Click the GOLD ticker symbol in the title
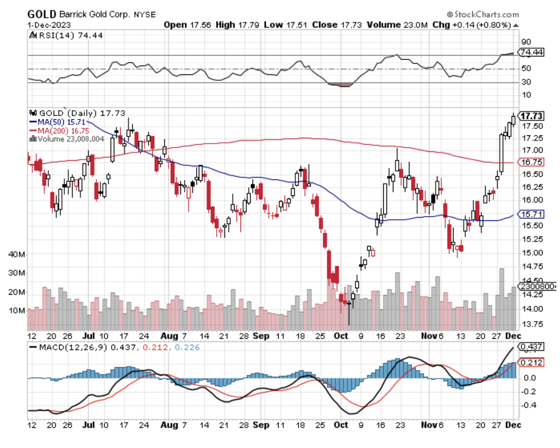pyautogui.click(x=42, y=14)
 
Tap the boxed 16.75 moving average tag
pyautogui.click(x=530, y=162)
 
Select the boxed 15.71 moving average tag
pyautogui.click(x=530, y=214)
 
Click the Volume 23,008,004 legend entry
pyautogui.click(x=68, y=139)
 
